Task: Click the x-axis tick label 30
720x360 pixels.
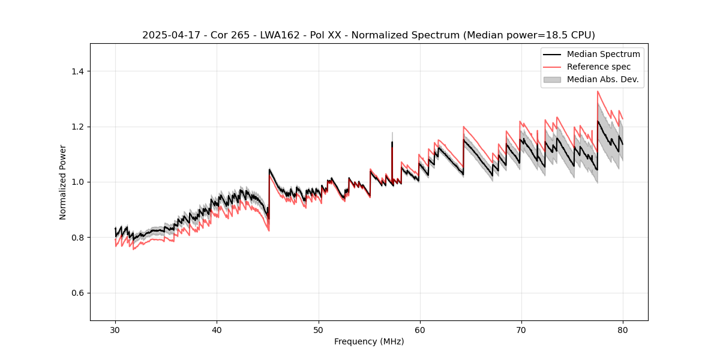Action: pos(115,330)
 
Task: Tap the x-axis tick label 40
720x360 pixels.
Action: pos(217,330)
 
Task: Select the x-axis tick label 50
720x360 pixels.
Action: pos(318,330)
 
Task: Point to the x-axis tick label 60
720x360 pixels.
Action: pos(419,330)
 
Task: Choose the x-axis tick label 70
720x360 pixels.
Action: pos(521,330)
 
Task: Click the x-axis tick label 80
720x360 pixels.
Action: pos(622,330)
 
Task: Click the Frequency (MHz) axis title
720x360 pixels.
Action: pos(369,341)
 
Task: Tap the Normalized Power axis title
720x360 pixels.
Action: pos(63,182)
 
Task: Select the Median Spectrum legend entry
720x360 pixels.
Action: pos(603,55)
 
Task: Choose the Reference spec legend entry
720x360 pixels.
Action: pos(599,67)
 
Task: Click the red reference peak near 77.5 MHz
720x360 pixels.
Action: pos(598,92)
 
